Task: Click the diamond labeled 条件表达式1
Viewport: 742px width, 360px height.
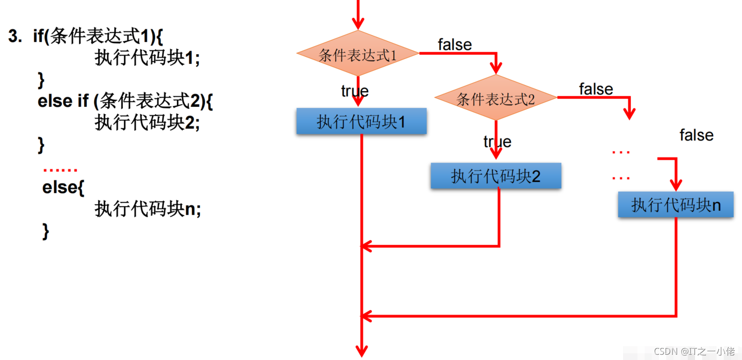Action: [x=358, y=54]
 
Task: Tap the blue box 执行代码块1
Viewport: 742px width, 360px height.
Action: [x=361, y=121]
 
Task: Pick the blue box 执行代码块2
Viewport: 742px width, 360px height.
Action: [x=495, y=176]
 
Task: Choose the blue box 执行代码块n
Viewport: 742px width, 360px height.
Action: [x=675, y=205]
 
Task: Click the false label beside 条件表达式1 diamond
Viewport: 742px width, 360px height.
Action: [x=455, y=45]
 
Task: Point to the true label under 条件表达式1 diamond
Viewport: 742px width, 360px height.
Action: [x=354, y=91]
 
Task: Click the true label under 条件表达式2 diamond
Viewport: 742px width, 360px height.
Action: [x=497, y=141]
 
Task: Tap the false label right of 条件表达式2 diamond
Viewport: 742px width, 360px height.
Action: [x=596, y=89]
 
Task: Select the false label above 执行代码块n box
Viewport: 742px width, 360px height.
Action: [x=696, y=135]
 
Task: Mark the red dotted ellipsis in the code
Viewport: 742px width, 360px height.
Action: [x=60, y=170]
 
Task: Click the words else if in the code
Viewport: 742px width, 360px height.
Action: [x=63, y=101]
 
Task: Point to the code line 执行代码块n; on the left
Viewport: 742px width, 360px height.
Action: [x=147, y=209]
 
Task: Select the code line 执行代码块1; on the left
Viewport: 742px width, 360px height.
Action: [x=146, y=58]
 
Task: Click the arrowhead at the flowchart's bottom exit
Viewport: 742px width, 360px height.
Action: [x=361, y=351]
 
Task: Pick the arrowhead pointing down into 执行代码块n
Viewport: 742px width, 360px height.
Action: [x=676, y=185]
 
